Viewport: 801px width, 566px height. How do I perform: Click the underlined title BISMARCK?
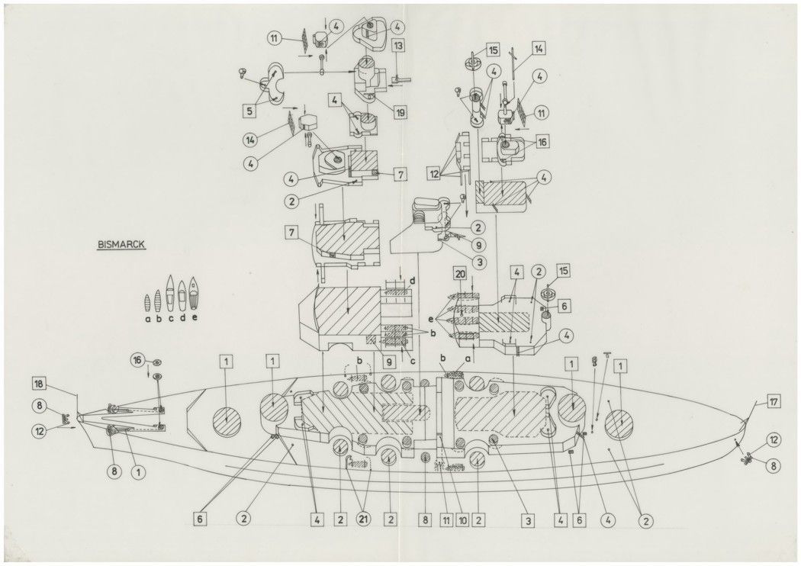pos(121,246)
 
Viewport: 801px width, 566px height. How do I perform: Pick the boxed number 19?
pos(400,111)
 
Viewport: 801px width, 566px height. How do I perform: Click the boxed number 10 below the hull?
pos(462,519)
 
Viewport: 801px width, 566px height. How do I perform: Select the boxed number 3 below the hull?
pos(526,519)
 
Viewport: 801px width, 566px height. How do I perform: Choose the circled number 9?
pos(479,245)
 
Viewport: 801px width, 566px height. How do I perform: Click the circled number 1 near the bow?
pos(138,472)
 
